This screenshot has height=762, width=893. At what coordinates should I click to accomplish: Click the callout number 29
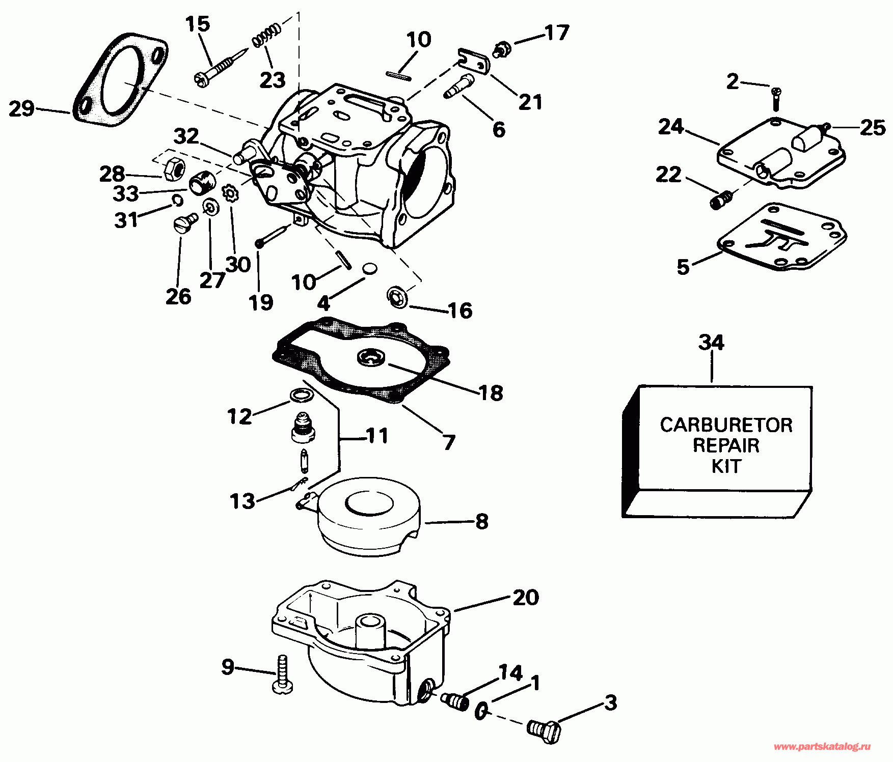coord(22,108)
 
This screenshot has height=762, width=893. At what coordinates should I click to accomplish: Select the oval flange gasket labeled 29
coord(120,79)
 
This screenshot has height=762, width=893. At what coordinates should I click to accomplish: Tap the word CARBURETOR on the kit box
coord(726,425)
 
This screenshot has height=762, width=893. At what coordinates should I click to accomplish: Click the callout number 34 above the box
coord(711,342)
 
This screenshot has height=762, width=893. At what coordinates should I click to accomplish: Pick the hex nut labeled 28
coord(173,167)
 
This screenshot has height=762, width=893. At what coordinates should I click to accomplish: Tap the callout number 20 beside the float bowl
coord(526,597)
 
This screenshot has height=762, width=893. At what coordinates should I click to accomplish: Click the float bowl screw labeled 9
coord(283,674)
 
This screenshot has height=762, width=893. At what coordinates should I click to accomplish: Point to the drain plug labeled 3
coord(544,731)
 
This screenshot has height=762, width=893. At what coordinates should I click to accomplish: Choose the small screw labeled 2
coord(776,99)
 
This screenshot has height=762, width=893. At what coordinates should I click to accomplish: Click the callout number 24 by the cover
coord(671,126)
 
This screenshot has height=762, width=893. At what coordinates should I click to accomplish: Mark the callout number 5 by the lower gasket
coord(683,267)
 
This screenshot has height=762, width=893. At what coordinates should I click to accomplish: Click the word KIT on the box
coord(726,466)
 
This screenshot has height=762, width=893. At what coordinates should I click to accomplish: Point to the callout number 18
coord(491,392)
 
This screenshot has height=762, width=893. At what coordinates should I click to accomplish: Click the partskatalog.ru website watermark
coord(822,747)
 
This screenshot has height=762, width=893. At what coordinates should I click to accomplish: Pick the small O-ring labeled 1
coord(481,711)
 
